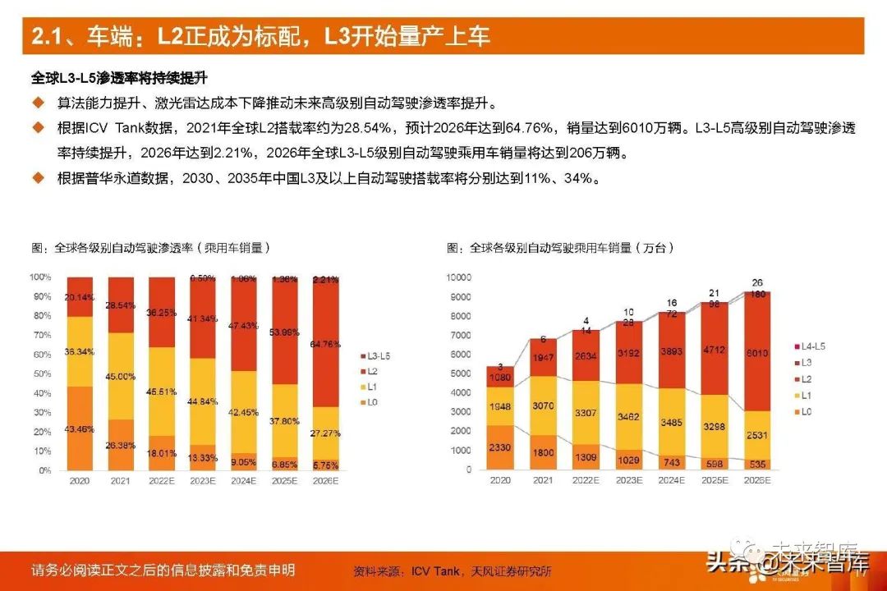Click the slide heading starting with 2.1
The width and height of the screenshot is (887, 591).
coord(260,37)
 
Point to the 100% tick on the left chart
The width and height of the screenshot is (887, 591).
coord(40,277)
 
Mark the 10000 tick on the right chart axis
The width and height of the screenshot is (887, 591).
coord(459,277)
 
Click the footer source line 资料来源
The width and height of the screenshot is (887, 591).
coord(452,571)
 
